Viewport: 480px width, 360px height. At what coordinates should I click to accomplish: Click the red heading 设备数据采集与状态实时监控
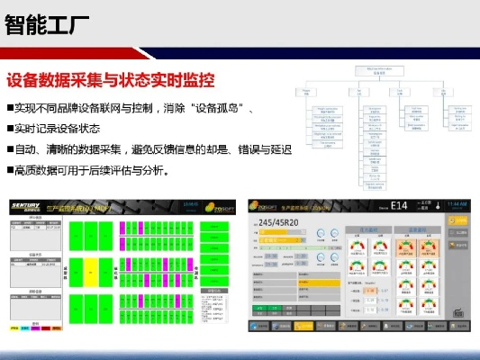coord(110,80)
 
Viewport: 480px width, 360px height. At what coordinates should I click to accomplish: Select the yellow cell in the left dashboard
coord(90,268)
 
